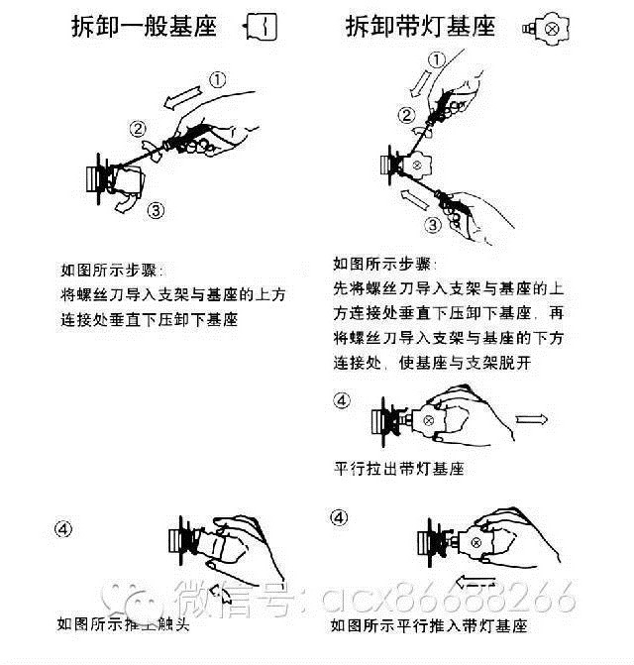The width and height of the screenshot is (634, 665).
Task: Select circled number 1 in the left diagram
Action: pos(217,78)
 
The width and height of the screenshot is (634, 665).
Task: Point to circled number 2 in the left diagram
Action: pos(138,128)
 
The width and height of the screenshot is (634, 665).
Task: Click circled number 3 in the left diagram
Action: pos(155,210)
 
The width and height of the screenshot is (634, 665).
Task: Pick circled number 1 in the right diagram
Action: pos(434,59)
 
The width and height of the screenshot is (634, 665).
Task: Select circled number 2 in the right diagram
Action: pos(405,117)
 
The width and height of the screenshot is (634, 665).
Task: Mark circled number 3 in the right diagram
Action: pos(432,225)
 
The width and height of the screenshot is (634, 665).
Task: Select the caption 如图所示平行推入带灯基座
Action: pos(429,625)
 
